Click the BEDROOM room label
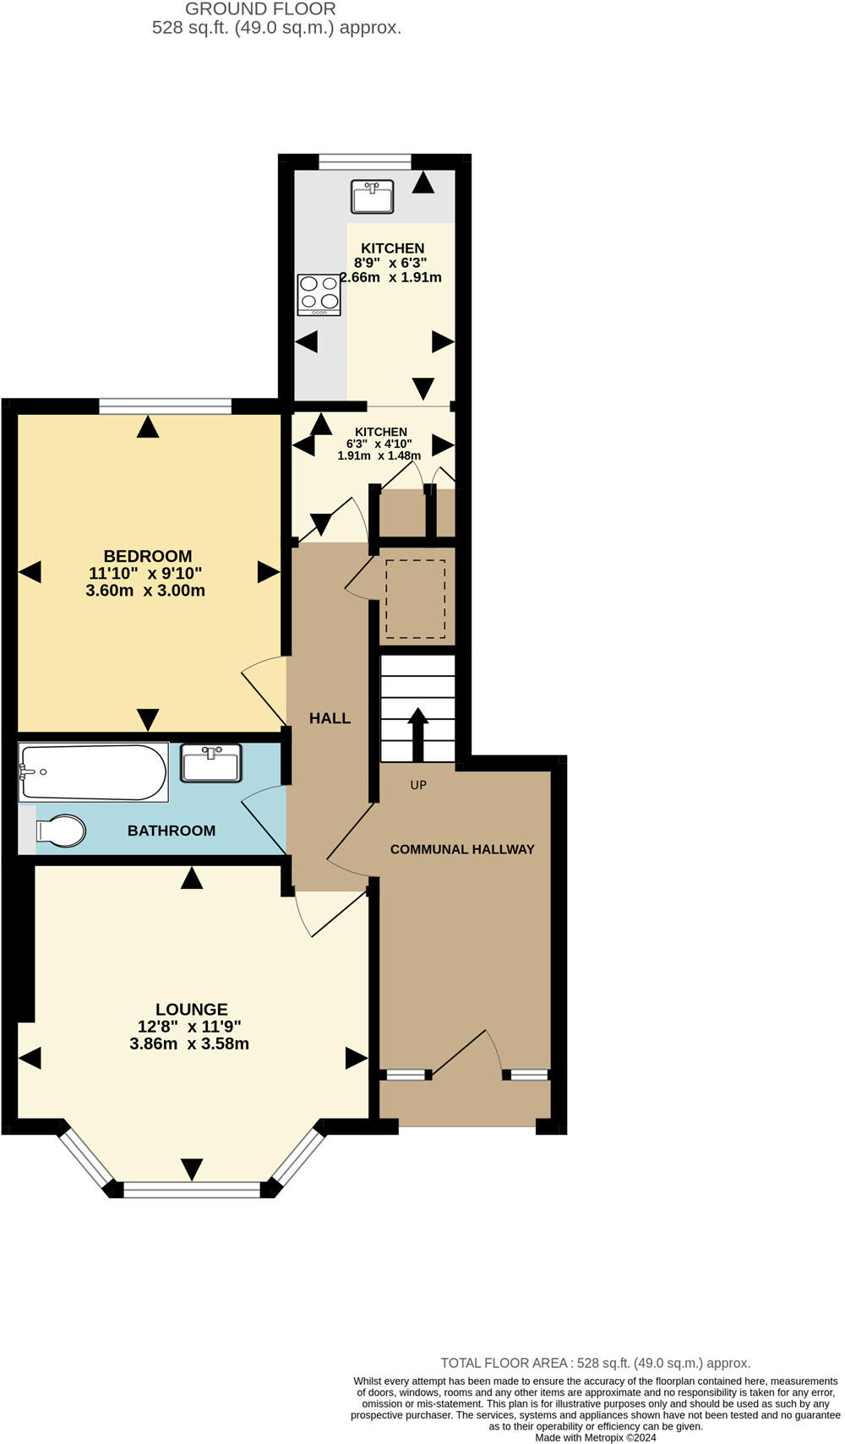click(x=148, y=556)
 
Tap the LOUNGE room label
click(x=192, y=1009)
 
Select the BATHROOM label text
click(x=172, y=831)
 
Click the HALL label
click(x=330, y=718)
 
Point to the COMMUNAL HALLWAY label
click(x=462, y=849)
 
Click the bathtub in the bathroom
click(x=93, y=771)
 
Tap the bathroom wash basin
click(x=211, y=763)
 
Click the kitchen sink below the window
click(x=373, y=196)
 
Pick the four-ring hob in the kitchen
click(x=319, y=295)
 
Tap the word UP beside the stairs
click(x=418, y=785)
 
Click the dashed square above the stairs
click(x=416, y=599)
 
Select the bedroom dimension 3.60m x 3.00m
click(x=145, y=591)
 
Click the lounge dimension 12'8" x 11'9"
click(x=189, y=1027)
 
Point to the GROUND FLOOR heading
click(x=260, y=9)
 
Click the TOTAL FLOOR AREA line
click(x=595, y=1363)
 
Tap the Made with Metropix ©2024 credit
click(x=595, y=1437)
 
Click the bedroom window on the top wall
click(x=165, y=406)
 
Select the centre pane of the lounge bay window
click(x=192, y=1190)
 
